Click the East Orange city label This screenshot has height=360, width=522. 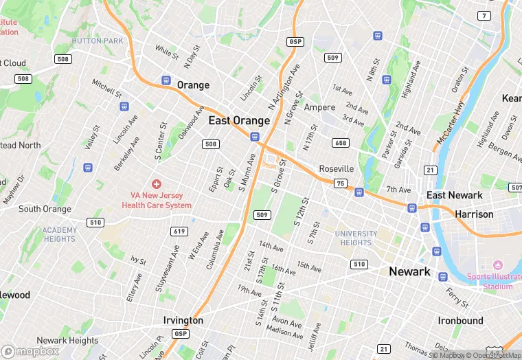pos(239,120)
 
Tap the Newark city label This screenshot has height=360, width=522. pos(409,271)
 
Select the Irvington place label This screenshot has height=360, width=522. pos(183,321)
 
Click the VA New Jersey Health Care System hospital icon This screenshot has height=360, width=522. pos(157,184)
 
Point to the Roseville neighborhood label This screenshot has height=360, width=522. pos(337,169)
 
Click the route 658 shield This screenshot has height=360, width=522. pos(340,142)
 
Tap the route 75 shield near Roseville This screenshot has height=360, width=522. pos(341,183)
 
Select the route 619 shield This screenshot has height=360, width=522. pos(180,231)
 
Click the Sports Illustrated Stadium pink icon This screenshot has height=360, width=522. pos(498,265)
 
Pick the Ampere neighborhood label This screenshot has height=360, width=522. pos(319,107)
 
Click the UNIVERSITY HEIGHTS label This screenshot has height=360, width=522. pos(356,238)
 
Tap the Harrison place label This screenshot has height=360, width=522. pos(474,214)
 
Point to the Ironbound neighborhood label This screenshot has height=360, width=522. pos(461,321)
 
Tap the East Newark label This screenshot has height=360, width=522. pos(454,195)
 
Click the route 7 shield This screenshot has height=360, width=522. pos(485,15)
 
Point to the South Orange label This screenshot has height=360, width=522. pos(45,209)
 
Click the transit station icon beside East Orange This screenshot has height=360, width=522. pos(255,138)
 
